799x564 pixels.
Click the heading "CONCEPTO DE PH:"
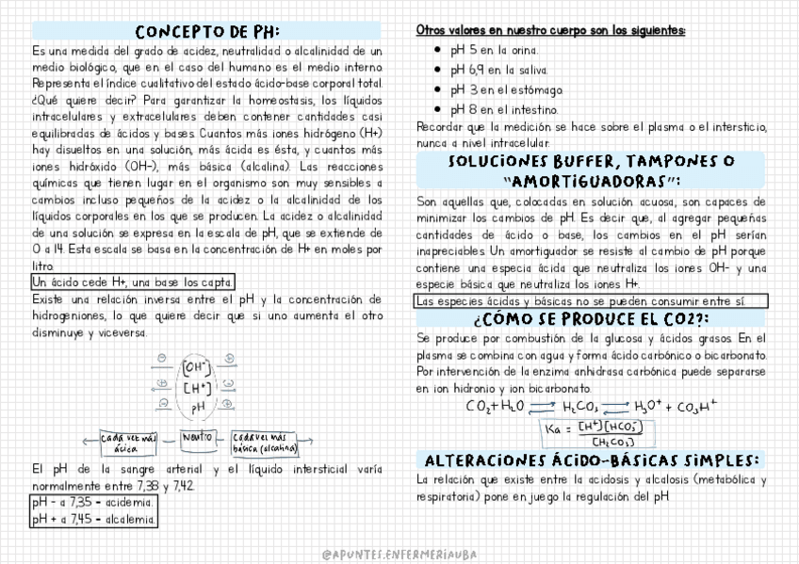click(207, 31)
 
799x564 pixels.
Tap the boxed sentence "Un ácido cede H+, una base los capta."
click(133, 282)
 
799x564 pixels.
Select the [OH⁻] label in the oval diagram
click(197, 366)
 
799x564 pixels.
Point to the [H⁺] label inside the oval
click(197, 387)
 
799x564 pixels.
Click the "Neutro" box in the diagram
click(196, 438)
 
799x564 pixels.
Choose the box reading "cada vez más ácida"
click(130, 443)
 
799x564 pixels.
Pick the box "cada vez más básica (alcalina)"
click(272, 443)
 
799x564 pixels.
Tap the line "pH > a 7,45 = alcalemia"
click(93, 518)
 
